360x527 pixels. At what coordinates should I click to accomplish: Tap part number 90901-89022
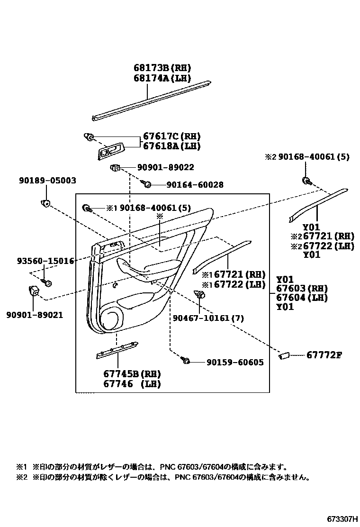tap(165, 168)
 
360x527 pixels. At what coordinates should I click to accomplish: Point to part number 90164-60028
tap(195, 185)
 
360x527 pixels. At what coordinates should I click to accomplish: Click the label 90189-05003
tap(47, 181)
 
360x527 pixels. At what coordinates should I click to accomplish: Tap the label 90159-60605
tap(235, 363)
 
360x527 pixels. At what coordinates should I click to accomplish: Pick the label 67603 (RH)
tap(302, 289)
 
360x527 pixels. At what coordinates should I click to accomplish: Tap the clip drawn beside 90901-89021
tap(34, 291)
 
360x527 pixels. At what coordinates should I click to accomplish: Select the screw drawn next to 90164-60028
tap(147, 184)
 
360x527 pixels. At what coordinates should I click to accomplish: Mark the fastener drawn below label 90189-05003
tap(46, 204)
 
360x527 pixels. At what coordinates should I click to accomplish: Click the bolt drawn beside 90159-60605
tap(186, 362)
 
